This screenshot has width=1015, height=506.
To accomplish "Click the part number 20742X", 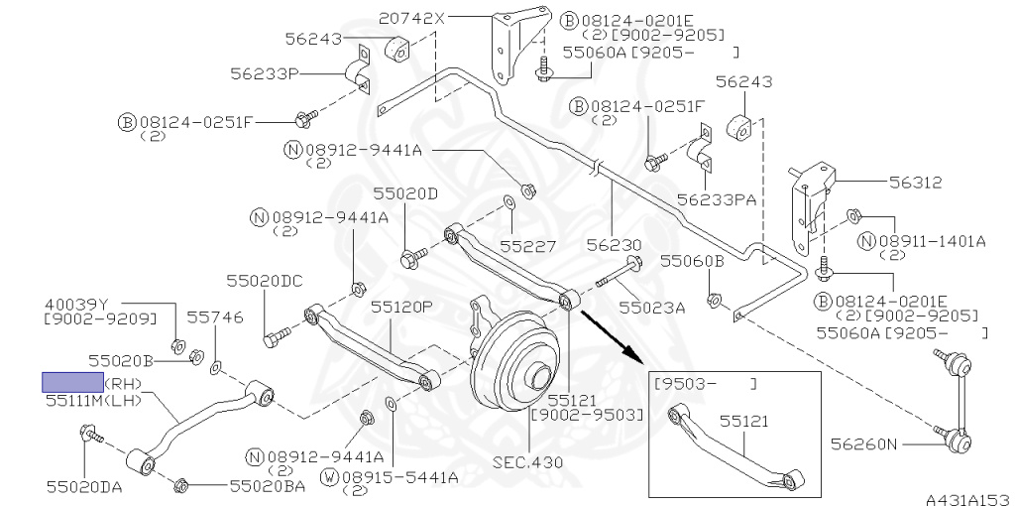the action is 411,19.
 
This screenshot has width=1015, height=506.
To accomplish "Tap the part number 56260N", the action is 864,444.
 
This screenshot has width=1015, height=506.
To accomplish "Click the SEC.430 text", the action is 527,462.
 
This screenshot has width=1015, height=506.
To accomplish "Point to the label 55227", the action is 528,246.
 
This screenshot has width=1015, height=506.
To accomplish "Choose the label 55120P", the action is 401,306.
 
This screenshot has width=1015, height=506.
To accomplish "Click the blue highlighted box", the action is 72,382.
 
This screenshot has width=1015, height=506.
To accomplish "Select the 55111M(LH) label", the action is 94,401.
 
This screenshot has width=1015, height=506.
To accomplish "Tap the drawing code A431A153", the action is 969,499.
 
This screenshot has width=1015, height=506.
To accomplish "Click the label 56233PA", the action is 717,199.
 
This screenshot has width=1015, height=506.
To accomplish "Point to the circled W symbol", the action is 330,477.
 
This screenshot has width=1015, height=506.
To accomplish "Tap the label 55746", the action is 215,316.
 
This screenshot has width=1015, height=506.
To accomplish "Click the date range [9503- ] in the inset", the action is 705,384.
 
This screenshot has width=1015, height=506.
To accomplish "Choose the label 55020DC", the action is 265,281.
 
